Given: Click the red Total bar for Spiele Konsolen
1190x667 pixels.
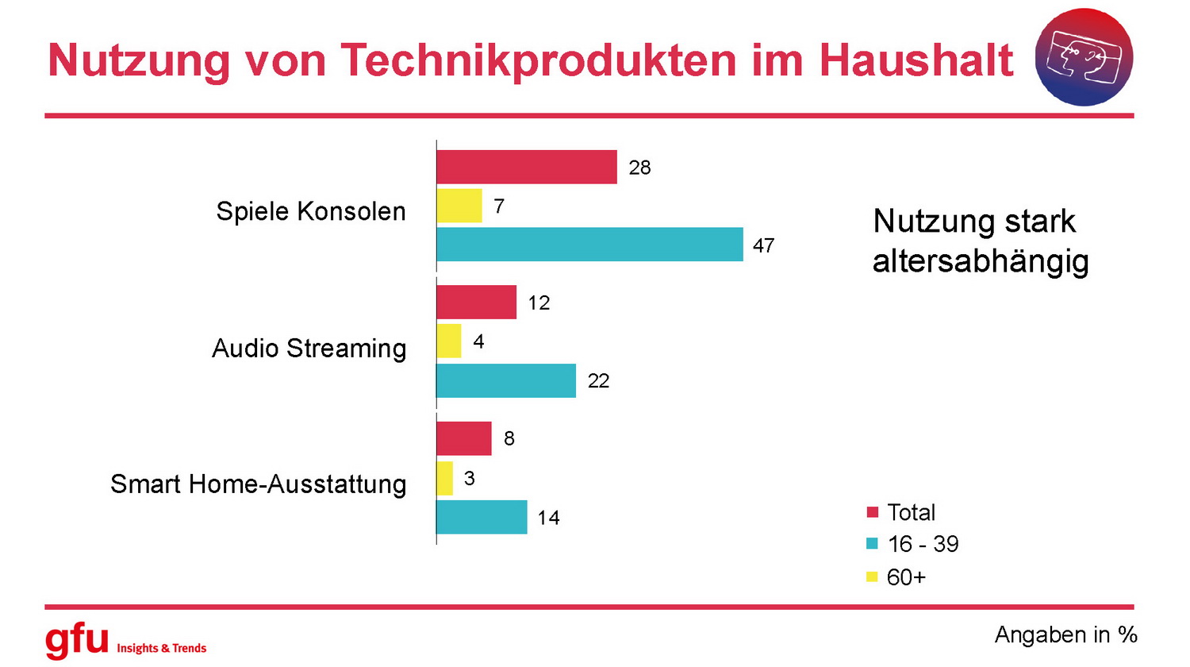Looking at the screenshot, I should pos(526,167).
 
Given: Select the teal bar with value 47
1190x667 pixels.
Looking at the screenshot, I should pos(589,245).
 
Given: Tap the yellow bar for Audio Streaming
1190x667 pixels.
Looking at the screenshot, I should pos(449,341).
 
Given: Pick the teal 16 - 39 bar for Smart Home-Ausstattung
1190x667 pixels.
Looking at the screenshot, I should pos(482,517).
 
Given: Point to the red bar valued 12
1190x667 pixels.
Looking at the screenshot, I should pos(476,303).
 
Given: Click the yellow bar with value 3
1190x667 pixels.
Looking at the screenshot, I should pos(445,478).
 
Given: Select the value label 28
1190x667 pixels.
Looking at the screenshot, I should pos(639,168).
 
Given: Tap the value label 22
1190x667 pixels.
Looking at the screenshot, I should pos(598,381).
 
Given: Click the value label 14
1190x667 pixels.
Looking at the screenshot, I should pos(548,518).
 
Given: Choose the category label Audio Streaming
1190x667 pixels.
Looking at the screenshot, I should pos(309,348).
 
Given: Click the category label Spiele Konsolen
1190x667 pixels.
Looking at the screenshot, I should pos(310,211).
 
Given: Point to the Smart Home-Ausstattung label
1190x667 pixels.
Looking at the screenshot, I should pos(258,484).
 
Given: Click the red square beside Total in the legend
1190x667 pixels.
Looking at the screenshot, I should pos(873,512).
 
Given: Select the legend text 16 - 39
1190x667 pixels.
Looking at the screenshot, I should pos(923,544).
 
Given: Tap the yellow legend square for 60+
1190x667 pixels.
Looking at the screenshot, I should pos(873,576).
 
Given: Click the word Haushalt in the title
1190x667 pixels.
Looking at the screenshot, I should pos(916,60).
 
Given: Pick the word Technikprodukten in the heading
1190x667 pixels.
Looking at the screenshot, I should pos(539,60).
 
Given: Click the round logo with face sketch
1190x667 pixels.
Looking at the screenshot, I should pos(1084,57).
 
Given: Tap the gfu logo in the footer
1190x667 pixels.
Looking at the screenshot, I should pos(77,639).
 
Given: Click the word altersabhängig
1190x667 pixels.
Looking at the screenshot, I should pos(981,261).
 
